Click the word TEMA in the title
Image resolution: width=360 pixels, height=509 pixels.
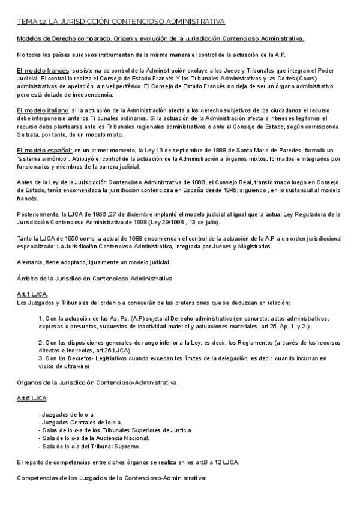(26, 22)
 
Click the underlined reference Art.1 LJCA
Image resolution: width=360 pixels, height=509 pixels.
(32, 294)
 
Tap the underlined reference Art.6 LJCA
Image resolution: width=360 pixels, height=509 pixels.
(32, 399)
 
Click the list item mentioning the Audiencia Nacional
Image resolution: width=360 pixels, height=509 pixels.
(93, 438)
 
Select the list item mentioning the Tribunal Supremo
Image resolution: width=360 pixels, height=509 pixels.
(91, 446)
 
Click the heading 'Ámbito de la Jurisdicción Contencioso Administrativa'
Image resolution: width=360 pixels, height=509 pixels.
(94, 279)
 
